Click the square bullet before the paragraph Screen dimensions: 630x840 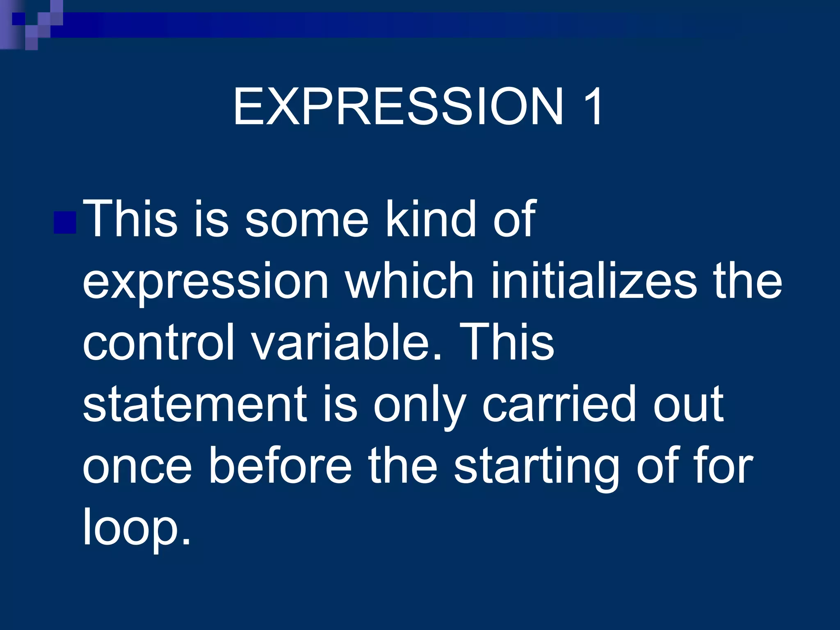pos(65,222)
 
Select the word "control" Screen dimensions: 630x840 pos(158,342)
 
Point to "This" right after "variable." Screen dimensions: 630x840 pos(507,342)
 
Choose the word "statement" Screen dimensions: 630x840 pos(195,405)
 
